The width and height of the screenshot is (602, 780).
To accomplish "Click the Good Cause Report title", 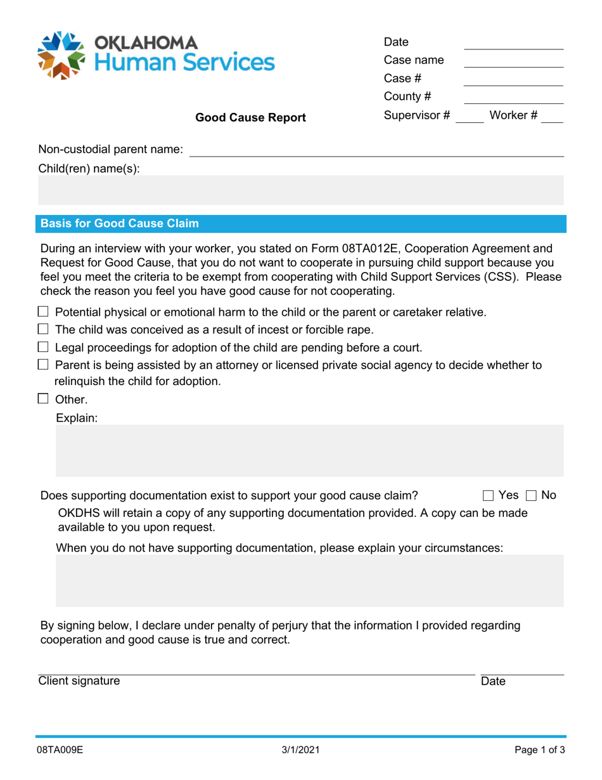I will click(x=250, y=117).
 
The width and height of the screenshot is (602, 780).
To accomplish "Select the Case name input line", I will click(x=513, y=62).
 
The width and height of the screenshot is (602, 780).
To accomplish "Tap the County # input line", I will click(x=513, y=98).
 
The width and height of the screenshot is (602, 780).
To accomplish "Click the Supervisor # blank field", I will click(x=470, y=116).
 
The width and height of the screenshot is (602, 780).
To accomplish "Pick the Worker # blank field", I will click(x=552, y=116).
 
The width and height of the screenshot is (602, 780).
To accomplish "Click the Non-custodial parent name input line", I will click(x=376, y=150).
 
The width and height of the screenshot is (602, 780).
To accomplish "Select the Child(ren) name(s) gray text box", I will click(x=300, y=191).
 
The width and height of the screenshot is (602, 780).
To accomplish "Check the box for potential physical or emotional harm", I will click(x=43, y=311).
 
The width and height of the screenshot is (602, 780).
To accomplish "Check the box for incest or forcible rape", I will click(x=43, y=329).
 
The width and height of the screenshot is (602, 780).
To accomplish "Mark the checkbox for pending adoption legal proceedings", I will click(x=43, y=347).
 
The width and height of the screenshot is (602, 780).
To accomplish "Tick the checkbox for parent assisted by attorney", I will click(x=43, y=365).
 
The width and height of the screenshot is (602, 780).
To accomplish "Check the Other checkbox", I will click(x=43, y=399).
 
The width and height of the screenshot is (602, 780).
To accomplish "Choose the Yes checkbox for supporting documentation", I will click(x=488, y=495).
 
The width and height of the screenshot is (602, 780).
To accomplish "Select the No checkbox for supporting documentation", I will click(x=531, y=495).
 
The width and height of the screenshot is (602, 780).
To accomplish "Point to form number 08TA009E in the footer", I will click(x=60, y=750).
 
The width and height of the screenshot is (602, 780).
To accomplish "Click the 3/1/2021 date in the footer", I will click(x=300, y=750).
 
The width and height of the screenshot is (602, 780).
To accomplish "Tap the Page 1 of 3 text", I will click(x=539, y=750).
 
